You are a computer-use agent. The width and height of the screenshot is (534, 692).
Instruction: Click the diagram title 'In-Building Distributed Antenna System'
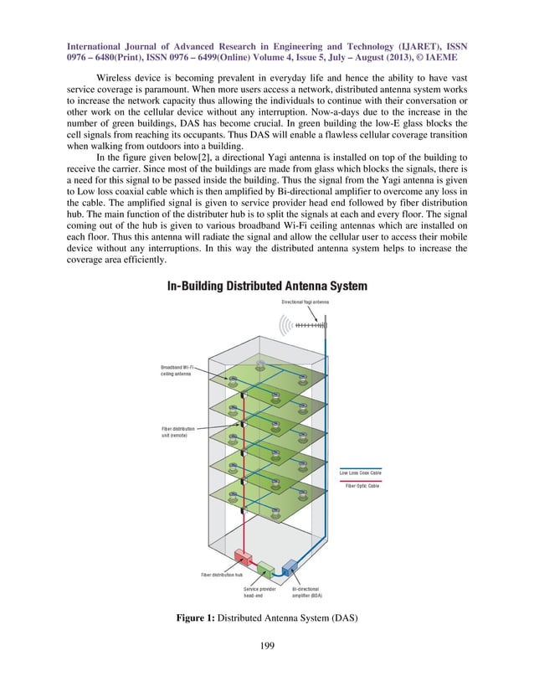coord(267,287)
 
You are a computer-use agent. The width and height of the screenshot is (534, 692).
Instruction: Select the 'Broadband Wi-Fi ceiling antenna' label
coord(177,370)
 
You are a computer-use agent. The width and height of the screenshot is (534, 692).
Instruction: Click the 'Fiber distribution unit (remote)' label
coord(178,432)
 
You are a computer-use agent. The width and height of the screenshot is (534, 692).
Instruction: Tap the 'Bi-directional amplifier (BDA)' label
coord(311,592)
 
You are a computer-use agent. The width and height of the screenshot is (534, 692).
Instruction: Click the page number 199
coord(267,646)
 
